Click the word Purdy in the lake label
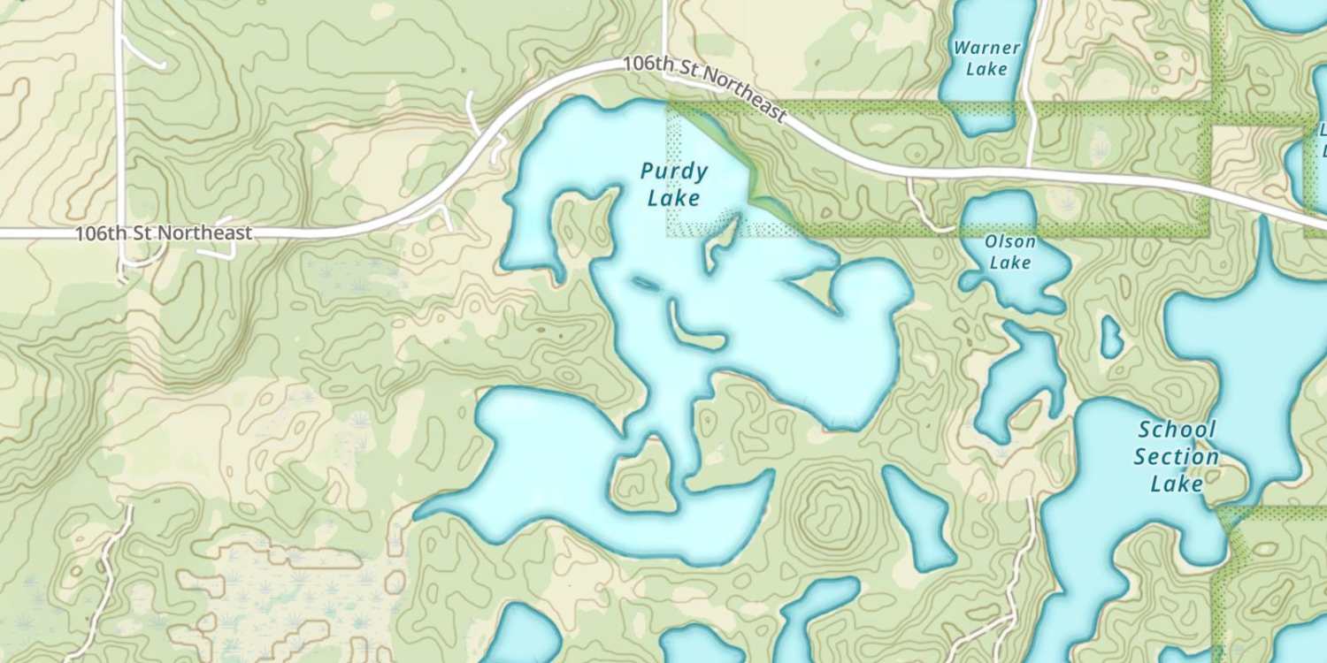coord(673,171)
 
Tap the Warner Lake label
coord(986,58)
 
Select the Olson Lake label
coord(1009,252)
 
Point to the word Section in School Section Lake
coord(1177,457)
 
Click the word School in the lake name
coord(1177,431)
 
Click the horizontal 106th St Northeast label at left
coord(164,234)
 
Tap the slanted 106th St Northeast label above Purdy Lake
coord(703,89)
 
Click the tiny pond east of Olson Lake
coord(1111,336)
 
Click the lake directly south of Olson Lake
coord(1022,376)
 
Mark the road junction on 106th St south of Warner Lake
coord(1028,166)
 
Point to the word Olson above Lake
coord(1009,241)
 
